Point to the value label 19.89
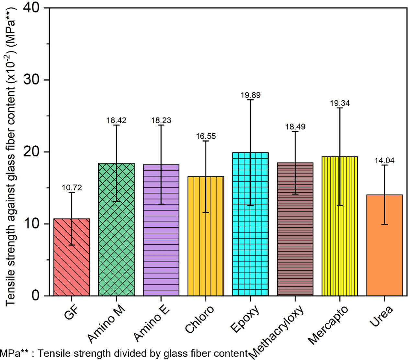coord(250,95)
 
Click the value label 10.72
coord(72,188)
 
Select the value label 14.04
coord(384,161)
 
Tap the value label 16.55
coord(206,136)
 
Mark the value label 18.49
coord(295,127)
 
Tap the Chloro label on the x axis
coord(199,319)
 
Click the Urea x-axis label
coord(381,316)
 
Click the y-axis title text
coord(12,155)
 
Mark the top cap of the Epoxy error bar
coord(250,100)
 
